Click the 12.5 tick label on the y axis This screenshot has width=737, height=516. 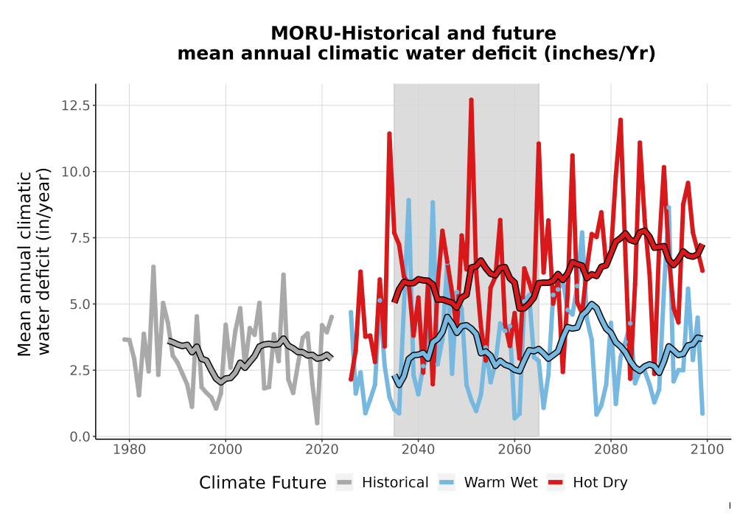point(75,105)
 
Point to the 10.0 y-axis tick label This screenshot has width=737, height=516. point(75,172)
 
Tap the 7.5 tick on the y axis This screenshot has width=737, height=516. point(80,238)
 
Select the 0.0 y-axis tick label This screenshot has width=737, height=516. point(80,436)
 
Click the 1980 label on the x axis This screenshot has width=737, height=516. point(129,449)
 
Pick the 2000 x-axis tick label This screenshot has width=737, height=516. point(226,449)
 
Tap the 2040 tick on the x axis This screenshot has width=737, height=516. point(419,449)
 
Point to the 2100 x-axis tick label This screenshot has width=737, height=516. point(708,449)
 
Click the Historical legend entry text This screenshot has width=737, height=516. point(395,483)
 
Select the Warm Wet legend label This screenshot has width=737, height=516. point(500,483)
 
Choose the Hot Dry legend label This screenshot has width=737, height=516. point(600,483)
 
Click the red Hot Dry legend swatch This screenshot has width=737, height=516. point(555,482)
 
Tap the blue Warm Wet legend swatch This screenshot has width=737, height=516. point(446,482)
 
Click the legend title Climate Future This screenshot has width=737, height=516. point(262,483)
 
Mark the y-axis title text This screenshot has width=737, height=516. point(34,263)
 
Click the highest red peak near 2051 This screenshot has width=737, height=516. point(471,100)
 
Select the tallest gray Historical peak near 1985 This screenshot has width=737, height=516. point(153,267)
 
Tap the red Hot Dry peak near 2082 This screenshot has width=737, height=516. point(621,120)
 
